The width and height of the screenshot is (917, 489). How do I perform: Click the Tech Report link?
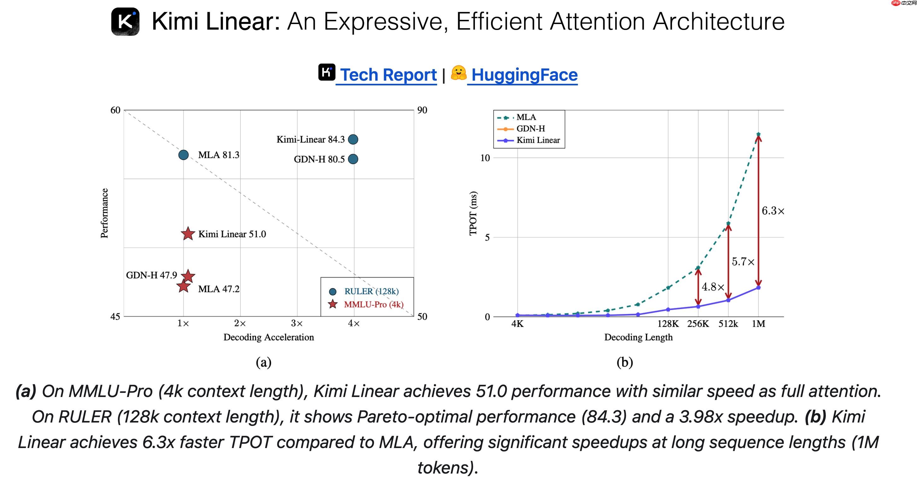388,75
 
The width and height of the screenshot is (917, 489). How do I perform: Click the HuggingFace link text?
524,75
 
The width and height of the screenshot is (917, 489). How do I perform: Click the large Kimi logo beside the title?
125,21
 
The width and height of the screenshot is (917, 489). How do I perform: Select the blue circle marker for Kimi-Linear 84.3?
353,139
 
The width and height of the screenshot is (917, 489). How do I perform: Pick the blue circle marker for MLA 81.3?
183,155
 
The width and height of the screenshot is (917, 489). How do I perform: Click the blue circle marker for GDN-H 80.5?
353,159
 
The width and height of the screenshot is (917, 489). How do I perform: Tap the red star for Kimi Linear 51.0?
188,234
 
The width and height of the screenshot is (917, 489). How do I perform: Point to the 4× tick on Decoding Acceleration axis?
353,324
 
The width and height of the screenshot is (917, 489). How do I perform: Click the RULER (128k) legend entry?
371,291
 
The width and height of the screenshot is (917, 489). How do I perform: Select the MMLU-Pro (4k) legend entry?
373,304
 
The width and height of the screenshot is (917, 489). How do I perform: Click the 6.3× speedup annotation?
773,211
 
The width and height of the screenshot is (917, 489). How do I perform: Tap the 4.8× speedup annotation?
713,287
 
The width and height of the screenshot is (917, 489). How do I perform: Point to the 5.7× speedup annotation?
743,262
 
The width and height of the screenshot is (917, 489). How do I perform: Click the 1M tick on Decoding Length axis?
758,324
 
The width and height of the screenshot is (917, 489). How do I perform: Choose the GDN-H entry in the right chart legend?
530,128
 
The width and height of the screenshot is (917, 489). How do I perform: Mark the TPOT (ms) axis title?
473,213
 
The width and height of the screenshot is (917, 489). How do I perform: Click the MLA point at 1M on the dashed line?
758,135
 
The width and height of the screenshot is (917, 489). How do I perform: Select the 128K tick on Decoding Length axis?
668,324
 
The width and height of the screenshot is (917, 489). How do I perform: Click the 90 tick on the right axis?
422,110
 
